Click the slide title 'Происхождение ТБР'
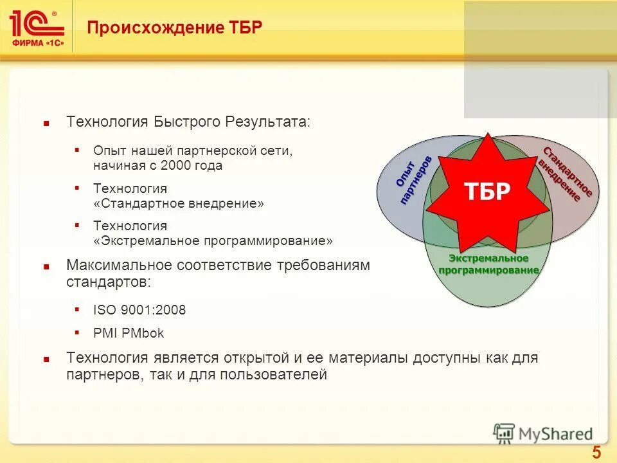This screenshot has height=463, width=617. click(174, 28)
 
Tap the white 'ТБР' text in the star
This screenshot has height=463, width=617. click(487, 191)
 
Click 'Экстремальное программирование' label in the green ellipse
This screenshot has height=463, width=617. click(488, 264)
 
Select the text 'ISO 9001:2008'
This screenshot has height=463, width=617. click(139, 310)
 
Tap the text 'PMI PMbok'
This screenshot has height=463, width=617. click(129, 333)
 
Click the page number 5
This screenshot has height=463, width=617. click(596, 452)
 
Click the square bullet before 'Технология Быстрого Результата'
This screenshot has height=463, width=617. click(46, 122)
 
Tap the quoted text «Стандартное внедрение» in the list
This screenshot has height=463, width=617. click(179, 203)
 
